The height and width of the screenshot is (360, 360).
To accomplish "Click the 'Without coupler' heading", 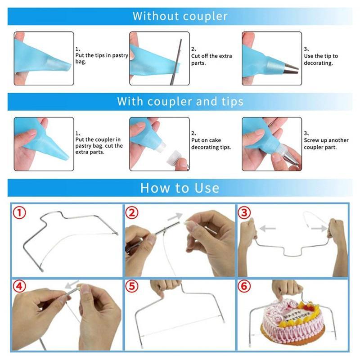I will pos(180,17).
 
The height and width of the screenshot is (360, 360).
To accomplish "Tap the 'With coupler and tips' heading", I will pos(180,101).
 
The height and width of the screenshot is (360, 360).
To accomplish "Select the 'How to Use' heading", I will pos(180,187).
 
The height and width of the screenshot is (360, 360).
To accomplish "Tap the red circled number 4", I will pos(18,287).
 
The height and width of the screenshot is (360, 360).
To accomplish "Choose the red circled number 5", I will pos(131,287).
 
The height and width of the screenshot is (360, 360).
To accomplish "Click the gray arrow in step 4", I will pos(72,285).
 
